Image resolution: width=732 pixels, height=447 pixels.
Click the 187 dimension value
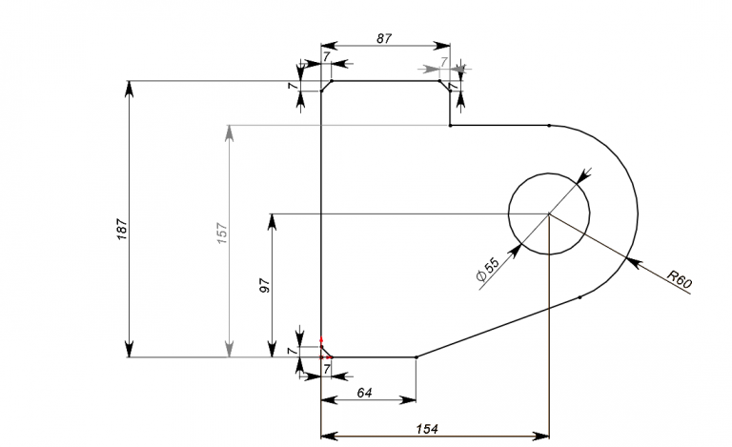(122, 229)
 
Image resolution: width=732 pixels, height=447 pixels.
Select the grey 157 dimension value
(222, 234)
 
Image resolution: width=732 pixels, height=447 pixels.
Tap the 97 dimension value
(265, 286)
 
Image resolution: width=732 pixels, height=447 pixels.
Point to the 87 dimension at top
(384, 38)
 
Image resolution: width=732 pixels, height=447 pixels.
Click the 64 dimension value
(364, 393)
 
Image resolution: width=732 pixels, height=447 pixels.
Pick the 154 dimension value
(427, 428)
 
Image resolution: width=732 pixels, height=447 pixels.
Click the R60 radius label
(680, 278)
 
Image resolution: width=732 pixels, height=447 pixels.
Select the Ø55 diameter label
(488, 269)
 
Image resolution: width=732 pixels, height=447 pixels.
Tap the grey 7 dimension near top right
(444, 61)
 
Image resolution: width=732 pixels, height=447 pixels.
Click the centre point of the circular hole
(549, 213)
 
